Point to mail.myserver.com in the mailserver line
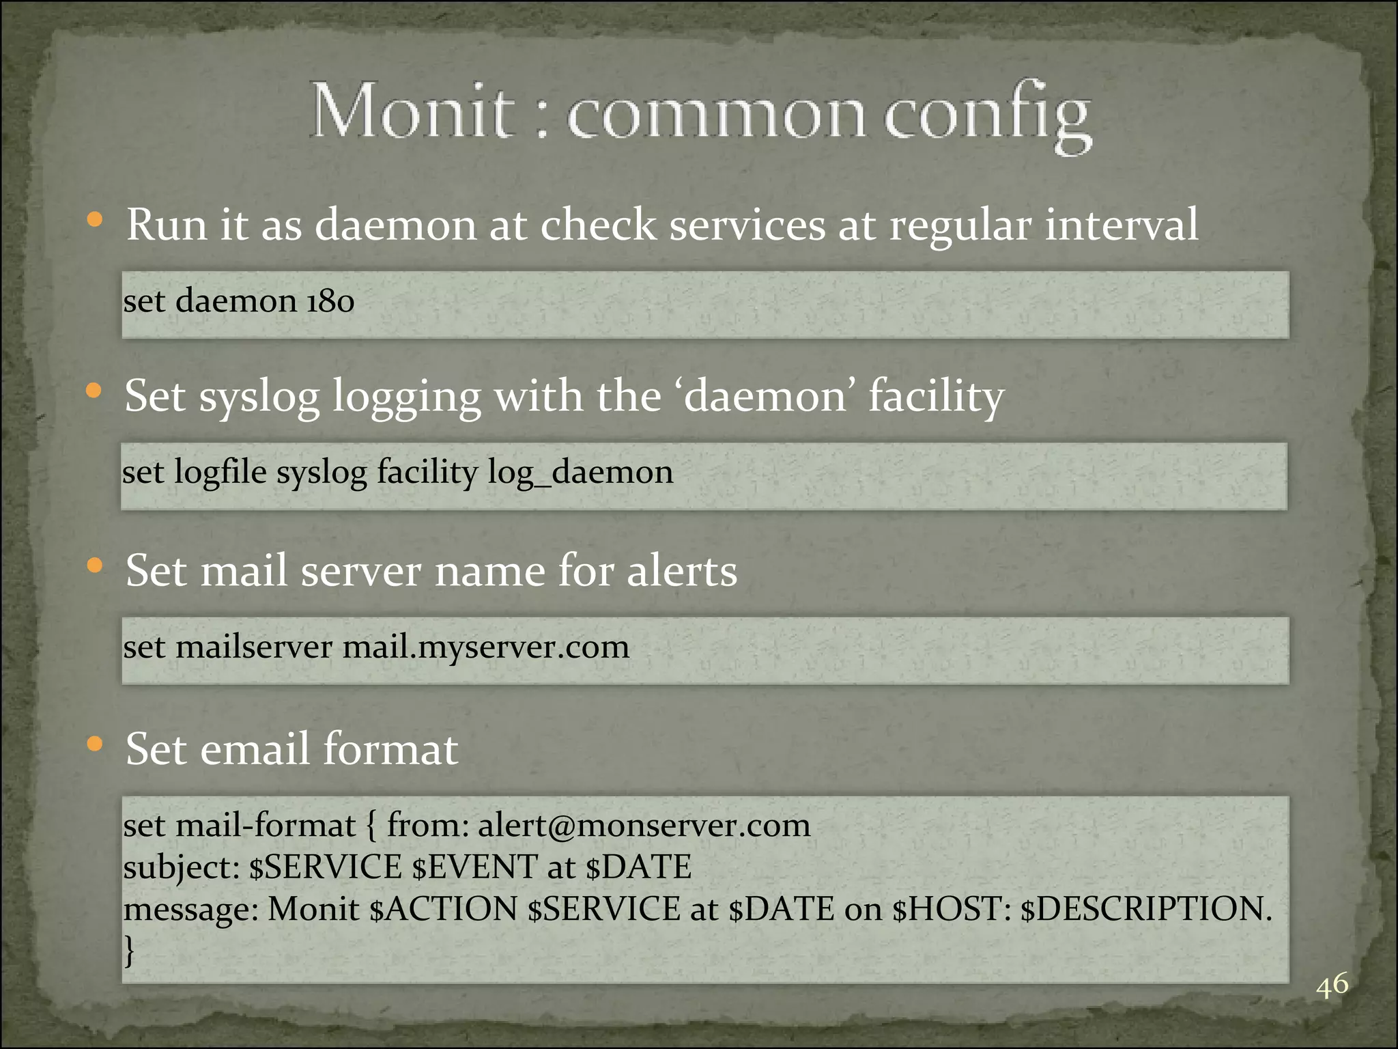pos(485,647)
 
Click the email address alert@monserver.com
pos(644,825)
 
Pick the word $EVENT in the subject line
pos(474,867)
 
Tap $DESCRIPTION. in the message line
pos(1146,909)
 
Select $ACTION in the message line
pos(443,909)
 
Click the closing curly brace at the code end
pos(129,950)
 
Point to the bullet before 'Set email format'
pos(95,744)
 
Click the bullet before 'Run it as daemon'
pos(95,220)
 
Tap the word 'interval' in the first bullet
pos(1121,224)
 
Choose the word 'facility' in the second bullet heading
pos(936,396)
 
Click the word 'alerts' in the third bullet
pos(682,571)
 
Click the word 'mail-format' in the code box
pos(266,825)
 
